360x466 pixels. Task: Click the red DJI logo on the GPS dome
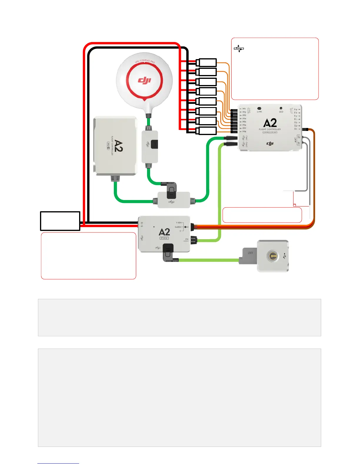coord(144,80)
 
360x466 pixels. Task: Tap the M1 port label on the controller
coord(244,109)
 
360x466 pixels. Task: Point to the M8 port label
coord(244,132)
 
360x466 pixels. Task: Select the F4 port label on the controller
coord(296,109)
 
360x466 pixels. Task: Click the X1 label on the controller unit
coord(296,129)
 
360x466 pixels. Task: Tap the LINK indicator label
coord(259,112)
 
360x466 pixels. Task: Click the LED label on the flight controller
coord(281,112)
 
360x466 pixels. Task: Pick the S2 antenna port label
coord(299,137)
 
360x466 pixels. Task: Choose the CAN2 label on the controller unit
coord(246,144)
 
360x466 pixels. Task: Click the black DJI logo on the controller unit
coord(270,143)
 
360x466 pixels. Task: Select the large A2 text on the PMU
coord(164,232)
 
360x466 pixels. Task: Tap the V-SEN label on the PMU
coord(179,223)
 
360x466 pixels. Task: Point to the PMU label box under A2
coord(164,238)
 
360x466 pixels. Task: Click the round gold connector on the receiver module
coord(273,256)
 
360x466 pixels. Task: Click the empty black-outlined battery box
coord(60,221)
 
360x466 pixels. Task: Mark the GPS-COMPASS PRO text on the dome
coord(145,61)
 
